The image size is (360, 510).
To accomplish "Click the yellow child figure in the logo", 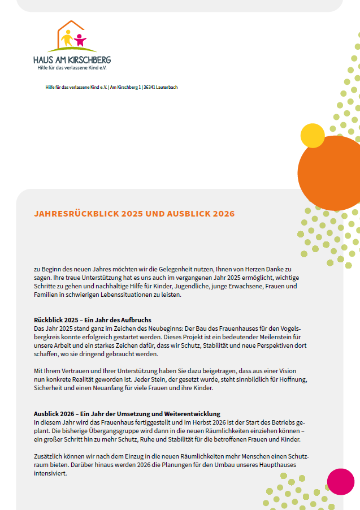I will click(67, 39).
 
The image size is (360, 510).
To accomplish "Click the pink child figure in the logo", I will click(80, 41).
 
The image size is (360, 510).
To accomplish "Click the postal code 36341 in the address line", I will click(150, 87).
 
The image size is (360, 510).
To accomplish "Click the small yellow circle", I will click(312, 135).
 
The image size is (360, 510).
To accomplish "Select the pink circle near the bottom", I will click(341, 482).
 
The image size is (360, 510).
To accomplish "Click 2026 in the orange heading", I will click(222, 214).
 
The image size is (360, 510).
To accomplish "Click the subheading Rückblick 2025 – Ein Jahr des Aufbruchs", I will click(93, 320).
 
